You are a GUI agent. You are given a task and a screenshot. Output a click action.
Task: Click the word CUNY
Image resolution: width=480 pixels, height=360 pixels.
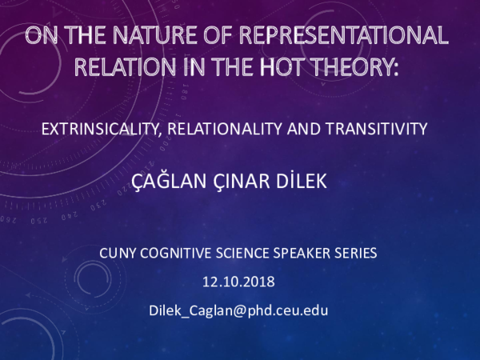coord(118,254)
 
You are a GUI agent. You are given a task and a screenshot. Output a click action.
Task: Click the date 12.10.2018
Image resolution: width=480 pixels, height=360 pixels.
coord(239,282)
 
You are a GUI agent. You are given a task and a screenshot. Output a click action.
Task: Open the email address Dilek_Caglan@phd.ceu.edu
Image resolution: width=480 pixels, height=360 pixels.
coord(239,310)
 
